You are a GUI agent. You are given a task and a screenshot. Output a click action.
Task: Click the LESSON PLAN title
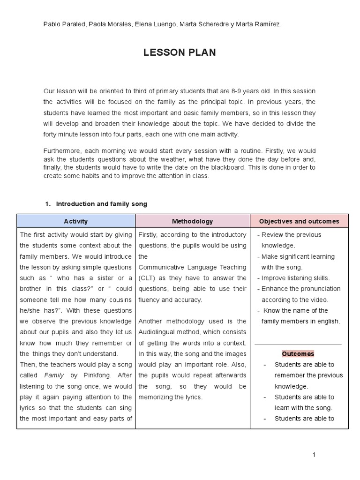180,53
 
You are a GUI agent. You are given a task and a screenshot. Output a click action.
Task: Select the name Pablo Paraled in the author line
63,24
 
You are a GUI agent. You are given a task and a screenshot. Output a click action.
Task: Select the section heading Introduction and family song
101,204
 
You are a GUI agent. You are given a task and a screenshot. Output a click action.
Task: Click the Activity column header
75,221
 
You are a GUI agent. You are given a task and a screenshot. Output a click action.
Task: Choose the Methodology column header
192,221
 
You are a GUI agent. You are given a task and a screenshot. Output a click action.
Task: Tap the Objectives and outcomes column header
300,221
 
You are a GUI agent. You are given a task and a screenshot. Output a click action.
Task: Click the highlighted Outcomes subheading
298,354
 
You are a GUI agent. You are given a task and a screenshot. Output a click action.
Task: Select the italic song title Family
54,375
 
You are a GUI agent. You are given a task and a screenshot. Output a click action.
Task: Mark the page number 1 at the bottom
315,455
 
